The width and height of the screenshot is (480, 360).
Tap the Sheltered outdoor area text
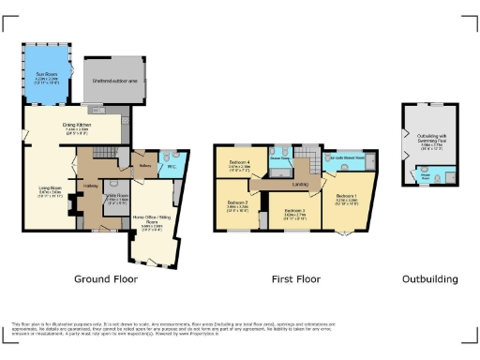(113, 82)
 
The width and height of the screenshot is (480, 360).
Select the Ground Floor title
(105, 279)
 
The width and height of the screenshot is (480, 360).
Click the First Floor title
(292, 279)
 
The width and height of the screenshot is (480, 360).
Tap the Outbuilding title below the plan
(429, 279)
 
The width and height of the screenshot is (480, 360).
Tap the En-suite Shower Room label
(349, 158)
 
